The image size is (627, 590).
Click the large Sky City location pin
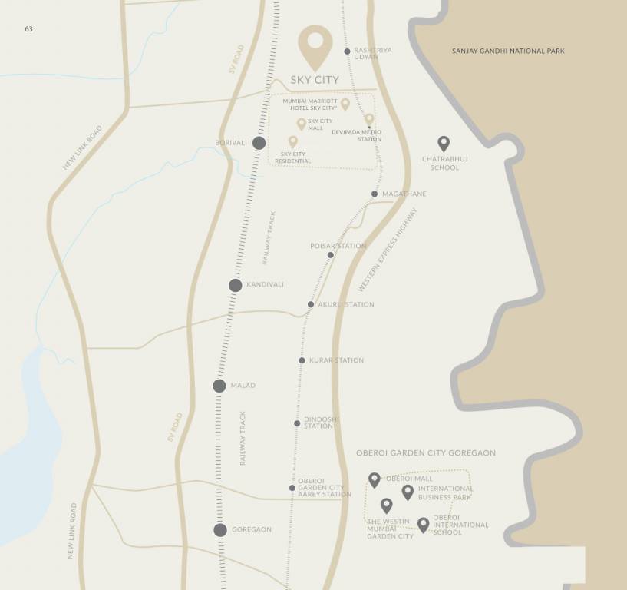pos(315,45)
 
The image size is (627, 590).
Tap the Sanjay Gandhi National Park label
pos(508,51)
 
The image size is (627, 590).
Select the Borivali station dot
pos(259,143)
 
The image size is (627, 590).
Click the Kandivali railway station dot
pos(236,285)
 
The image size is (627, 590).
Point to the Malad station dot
pos(219,386)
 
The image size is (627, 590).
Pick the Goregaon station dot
pos(220,529)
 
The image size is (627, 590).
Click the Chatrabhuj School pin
pos(443,143)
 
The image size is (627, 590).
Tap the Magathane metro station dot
pos(375,194)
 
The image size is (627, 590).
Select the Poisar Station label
pos(338,247)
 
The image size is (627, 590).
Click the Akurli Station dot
pos(311,304)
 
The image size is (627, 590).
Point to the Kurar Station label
pos(336,360)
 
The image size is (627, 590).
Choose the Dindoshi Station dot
pos(297,423)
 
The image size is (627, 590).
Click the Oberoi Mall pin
pos(375,479)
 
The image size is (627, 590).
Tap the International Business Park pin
pos(408,492)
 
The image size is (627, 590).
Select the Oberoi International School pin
pos(423,524)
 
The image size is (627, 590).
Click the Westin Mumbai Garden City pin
pos(387,505)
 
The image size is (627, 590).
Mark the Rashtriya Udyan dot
pos(347,51)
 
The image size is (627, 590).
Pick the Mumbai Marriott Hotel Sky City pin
pos(345,104)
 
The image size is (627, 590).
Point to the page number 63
pos(28,29)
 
